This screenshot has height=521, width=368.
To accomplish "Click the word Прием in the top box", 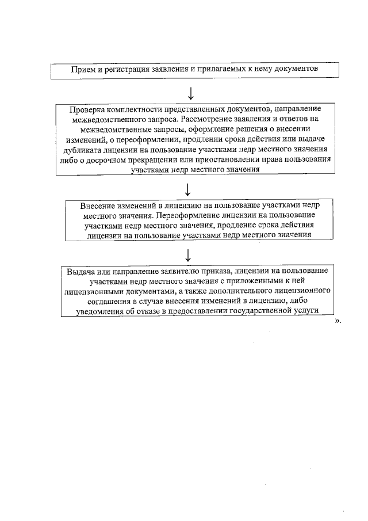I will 82,69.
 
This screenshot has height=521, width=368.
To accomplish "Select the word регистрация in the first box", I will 124,69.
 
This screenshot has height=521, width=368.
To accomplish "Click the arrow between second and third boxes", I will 190,188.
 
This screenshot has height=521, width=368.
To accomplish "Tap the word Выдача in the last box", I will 79,271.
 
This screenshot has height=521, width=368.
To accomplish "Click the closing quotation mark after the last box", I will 337,321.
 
